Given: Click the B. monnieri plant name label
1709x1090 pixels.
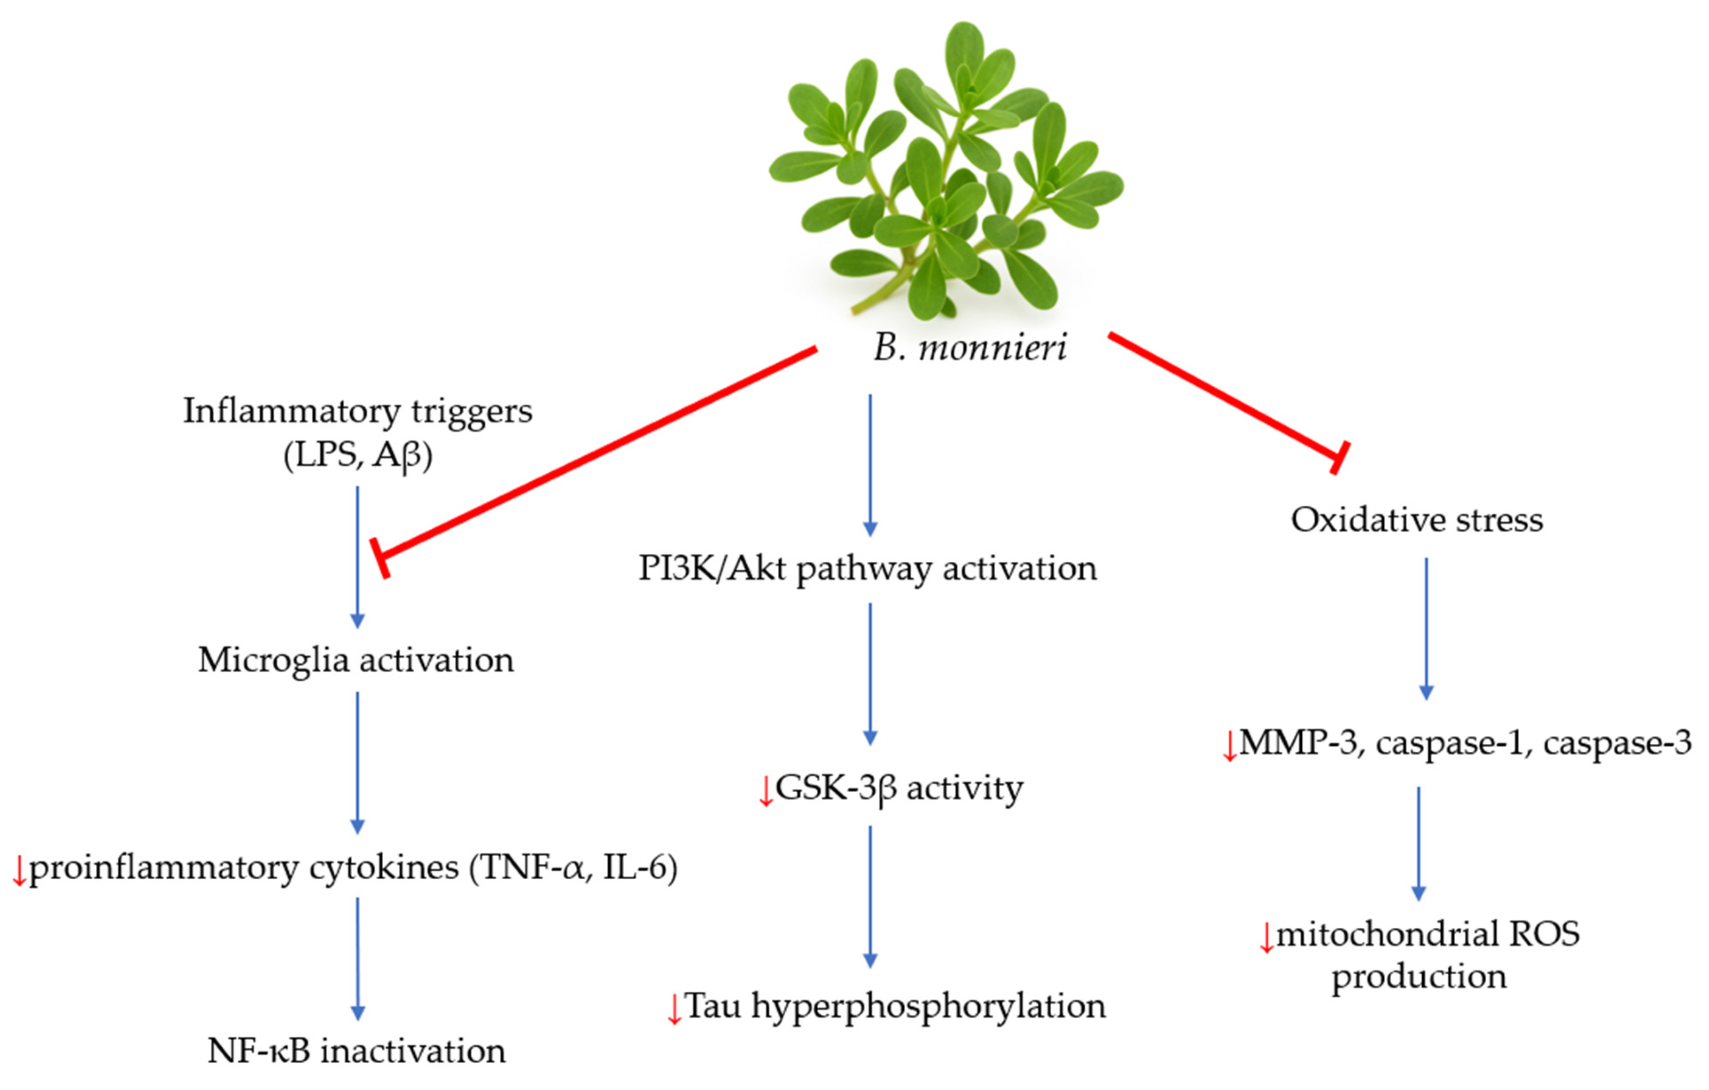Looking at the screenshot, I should [x=969, y=348].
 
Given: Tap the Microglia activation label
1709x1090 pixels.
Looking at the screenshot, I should [x=356, y=660].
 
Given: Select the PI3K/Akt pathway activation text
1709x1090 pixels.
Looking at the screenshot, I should [x=867, y=568].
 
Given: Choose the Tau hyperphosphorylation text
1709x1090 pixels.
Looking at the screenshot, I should [x=894, y=1006].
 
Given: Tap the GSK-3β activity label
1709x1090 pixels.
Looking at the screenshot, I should [x=898, y=788].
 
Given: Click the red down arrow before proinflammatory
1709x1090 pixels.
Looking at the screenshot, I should [x=19, y=872].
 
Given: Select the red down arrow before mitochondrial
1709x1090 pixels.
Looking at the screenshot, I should [x=1266, y=938].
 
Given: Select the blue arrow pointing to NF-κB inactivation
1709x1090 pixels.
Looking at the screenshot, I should [x=358, y=958].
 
